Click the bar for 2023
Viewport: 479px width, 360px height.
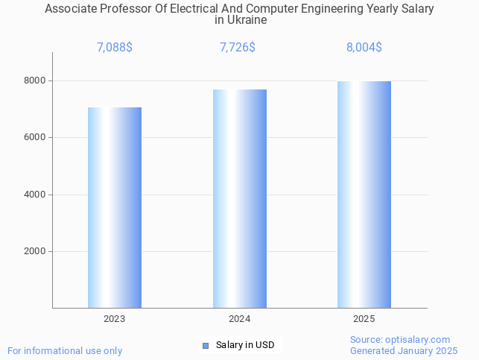(x=115, y=207)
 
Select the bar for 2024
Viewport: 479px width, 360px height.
(x=239, y=198)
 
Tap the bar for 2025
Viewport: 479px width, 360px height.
(x=364, y=194)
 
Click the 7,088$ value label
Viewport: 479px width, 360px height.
(x=115, y=48)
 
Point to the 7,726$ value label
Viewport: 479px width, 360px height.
(x=238, y=48)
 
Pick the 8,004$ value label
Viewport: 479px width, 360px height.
(x=364, y=48)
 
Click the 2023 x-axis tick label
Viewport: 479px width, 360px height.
(x=115, y=319)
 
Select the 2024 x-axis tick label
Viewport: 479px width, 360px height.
(x=239, y=319)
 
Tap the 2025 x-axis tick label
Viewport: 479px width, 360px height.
(x=364, y=319)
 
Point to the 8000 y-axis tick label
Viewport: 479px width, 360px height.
(x=34, y=80)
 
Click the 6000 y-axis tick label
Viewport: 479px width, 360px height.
(x=34, y=138)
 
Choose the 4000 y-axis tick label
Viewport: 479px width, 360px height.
(x=34, y=195)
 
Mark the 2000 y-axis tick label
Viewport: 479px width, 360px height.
(x=34, y=252)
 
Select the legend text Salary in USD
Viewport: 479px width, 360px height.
(x=245, y=345)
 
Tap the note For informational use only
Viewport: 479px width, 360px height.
(x=65, y=350)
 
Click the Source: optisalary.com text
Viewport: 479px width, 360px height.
(x=400, y=339)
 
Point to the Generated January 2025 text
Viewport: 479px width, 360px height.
(x=404, y=350)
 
